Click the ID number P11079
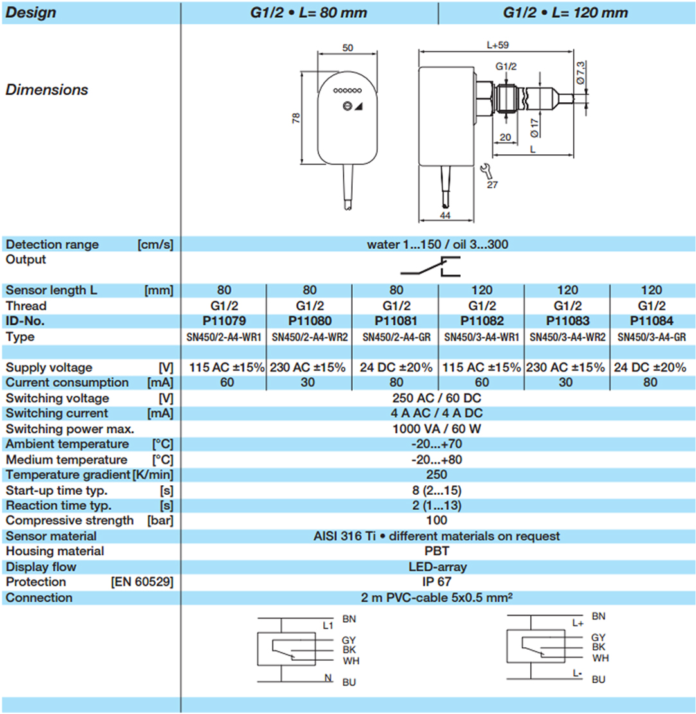pyautogui.click(x=223, y=321)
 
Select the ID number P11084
pyautogui.click(x=651, y=321)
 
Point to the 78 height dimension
pyautogui.click(x=296, y=119)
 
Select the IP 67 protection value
pyautogui.click(x=436, y=582)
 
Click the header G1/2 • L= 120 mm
pyautogui.click(x=566, y=12)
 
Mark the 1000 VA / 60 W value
pyautogui.click(x=436, y=429)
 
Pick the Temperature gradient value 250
pyautogui.click(x=436, y=474)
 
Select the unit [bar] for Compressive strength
pyautogui.click(x=160, y=520)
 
